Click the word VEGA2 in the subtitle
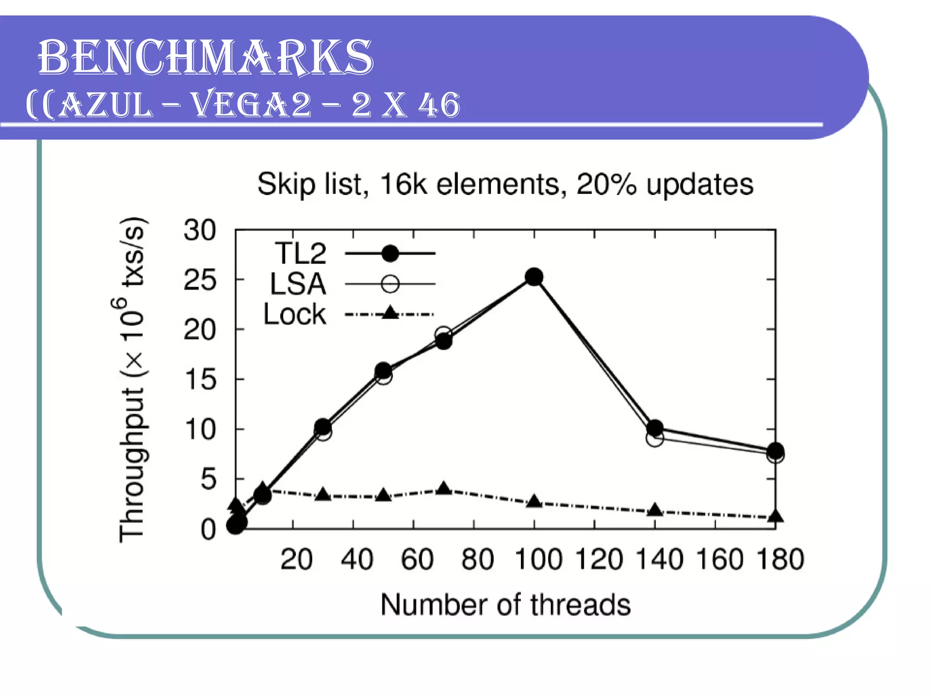pos(251,105)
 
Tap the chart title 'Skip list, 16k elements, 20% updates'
pos(505,184)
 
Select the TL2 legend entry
pos(300,254)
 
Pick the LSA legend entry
pos(298,284)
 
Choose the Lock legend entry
pos(295,314)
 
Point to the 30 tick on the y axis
pos(200,230)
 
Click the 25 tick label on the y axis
pos(200,280)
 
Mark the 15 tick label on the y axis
pos(200,379)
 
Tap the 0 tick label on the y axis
pos(208,529)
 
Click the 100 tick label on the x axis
pos(538,559)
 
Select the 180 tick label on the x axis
pos(780,559)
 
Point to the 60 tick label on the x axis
pos(417,559)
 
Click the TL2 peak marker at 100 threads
pos(534,277)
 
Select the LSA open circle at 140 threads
pos(655,439)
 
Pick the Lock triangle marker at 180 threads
pos(776,516)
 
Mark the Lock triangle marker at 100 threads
pos(534,502)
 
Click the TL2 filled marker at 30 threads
pos(323,427)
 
